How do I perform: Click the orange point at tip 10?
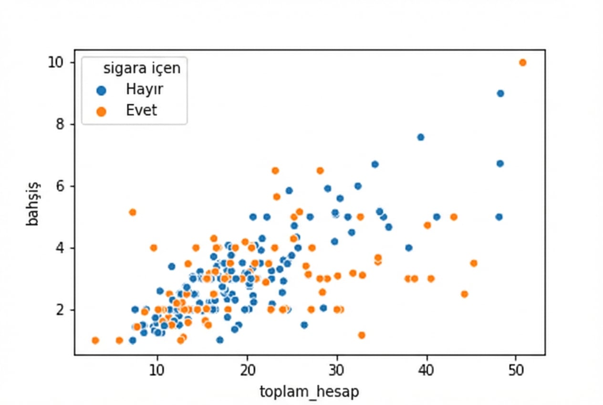(x=522, y=63)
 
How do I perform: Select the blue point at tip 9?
(x=500, y=94)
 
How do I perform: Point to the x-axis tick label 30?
(x=337, y=370)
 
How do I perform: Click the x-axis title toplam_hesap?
(x=309, y=392)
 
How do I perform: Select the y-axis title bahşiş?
(x=33, y=203)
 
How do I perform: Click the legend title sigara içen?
(x=142, y=68)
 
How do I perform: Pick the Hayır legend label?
(x=145, y=89)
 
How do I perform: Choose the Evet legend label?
(x=141, y=110)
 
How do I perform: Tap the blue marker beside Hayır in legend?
(x=101, y=90)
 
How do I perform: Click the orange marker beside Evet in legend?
(x=101, y=111)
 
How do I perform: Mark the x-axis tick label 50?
(x=516, y=370)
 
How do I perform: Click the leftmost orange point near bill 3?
(x=95, y=341)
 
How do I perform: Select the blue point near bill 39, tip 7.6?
(x=420, y=137)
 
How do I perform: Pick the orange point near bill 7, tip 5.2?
(x=133, y=212)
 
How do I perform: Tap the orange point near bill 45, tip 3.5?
(x=473, y=263)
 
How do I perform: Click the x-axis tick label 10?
(x=156, y=370)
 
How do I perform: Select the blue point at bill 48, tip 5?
(x=499, y=217)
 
